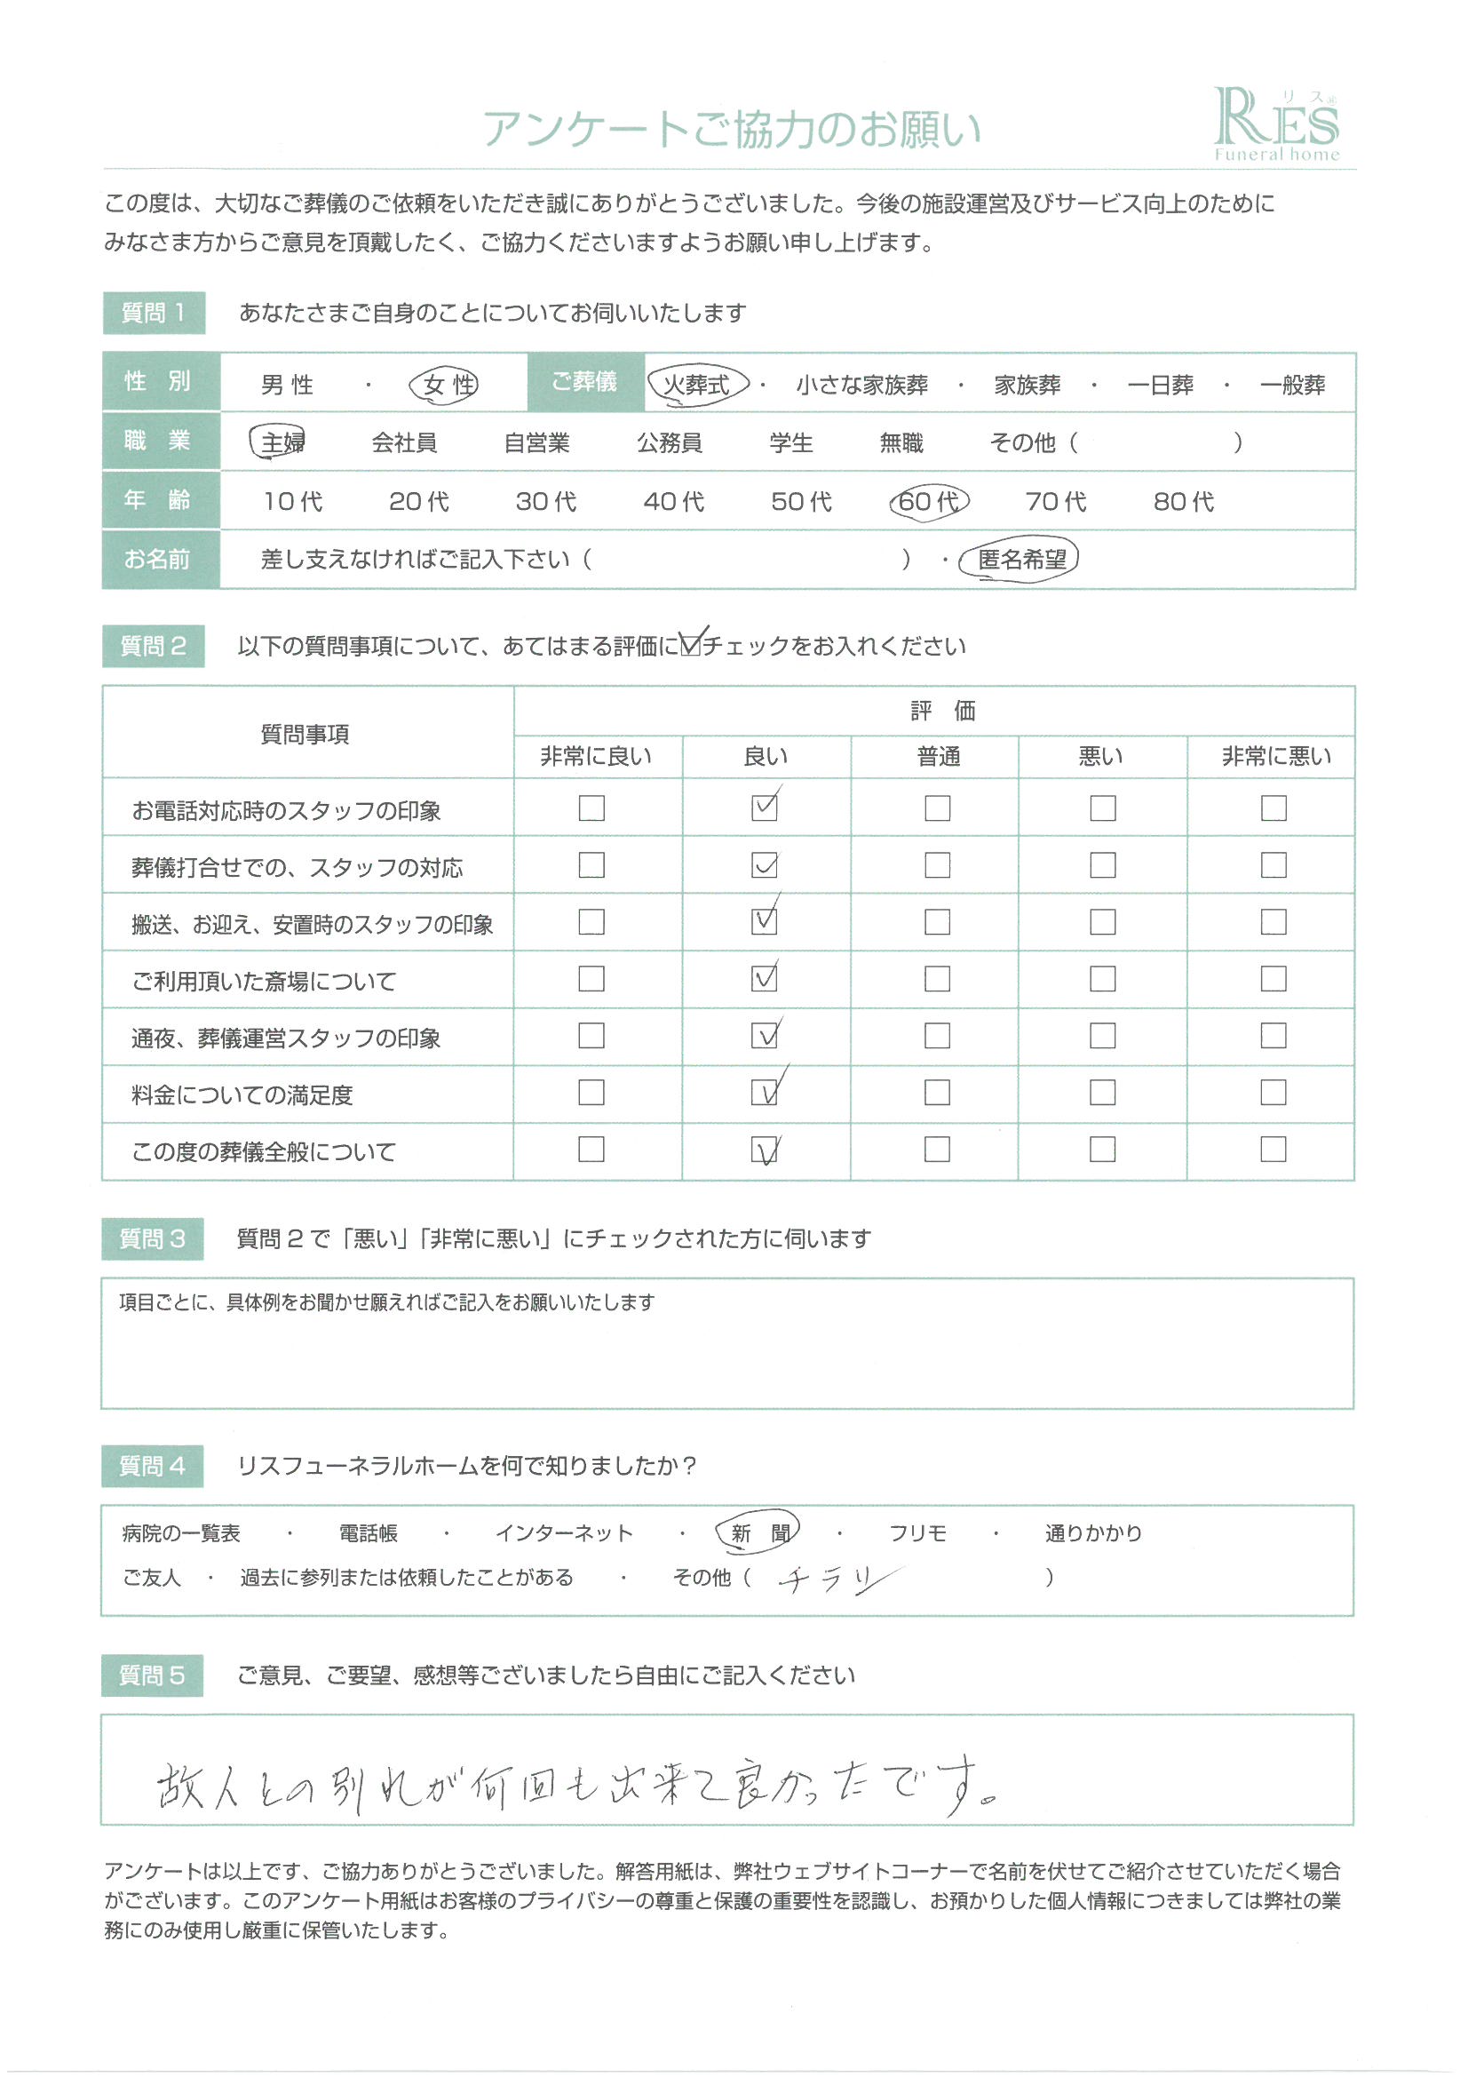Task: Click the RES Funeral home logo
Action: pos(1275,125)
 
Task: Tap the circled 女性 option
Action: pos(444,386)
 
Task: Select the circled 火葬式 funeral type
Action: pos(697,385)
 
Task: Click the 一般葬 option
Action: pos(1291,386)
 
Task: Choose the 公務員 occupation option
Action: pos(669,442)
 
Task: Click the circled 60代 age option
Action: pos(928,501)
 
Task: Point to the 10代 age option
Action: pos(292,501)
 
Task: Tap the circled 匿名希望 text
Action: pos(1021,560)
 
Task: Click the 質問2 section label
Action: pos(153,646)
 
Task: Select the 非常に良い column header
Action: pos(596,756)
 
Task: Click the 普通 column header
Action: pos(938,756)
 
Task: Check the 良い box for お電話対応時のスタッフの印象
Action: pos(765,808)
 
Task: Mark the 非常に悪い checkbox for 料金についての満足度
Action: pos(1273,1093)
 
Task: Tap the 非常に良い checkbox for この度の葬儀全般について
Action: pos(591,1149)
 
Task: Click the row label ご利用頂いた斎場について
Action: pos(264,981)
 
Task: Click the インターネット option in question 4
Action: pos(564,1533)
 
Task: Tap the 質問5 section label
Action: pos(152,1675)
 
